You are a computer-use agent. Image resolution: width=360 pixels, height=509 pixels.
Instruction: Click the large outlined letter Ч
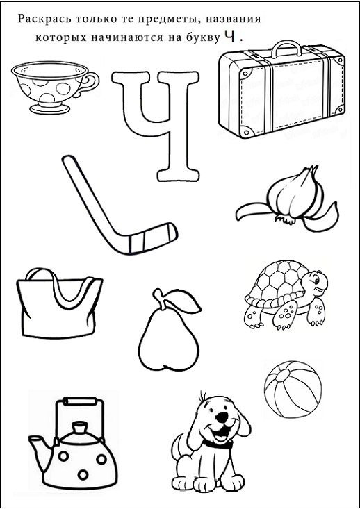156,125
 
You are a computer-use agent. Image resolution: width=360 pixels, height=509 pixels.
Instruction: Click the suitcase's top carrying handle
286,48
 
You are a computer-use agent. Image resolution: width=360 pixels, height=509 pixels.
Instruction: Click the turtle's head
315,283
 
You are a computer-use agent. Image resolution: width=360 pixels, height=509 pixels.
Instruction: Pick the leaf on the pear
183,300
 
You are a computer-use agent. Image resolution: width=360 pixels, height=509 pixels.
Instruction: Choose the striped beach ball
293,390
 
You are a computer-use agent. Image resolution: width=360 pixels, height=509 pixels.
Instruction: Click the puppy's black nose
222,417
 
